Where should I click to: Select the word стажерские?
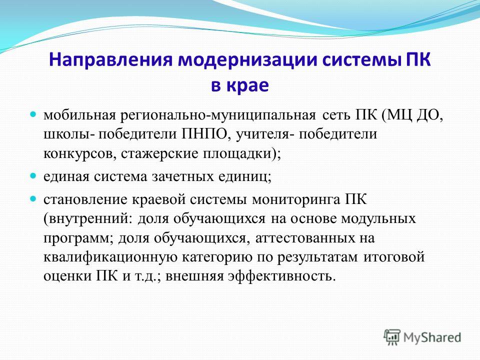[x=160, y=153]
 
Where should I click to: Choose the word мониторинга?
[x=296, y=200]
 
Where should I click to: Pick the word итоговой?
[x=394, y=256]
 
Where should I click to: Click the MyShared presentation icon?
[x=392, y=337]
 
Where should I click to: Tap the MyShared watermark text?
[x=432, y=337]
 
